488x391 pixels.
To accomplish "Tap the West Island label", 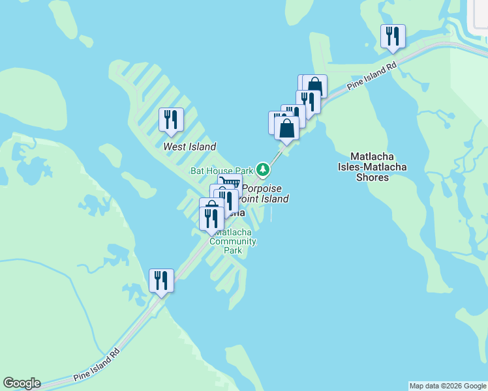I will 189,147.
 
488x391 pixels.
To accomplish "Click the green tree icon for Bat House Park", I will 263,170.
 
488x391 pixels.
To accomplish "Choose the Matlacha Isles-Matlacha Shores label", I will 378,166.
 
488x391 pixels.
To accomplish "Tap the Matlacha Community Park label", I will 234,241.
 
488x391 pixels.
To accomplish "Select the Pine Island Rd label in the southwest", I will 97,364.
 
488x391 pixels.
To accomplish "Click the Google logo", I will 22,383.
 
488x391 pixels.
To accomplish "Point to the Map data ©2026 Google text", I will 448,386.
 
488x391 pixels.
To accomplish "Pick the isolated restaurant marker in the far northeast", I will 393,36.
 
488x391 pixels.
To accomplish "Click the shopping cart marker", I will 230,184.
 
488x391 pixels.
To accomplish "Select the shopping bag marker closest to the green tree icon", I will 286,128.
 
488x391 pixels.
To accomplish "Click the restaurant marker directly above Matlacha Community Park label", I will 211,218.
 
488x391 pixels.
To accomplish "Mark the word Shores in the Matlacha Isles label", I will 373,177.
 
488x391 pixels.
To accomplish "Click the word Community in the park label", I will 233,241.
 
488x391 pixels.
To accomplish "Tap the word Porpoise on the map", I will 262,188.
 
